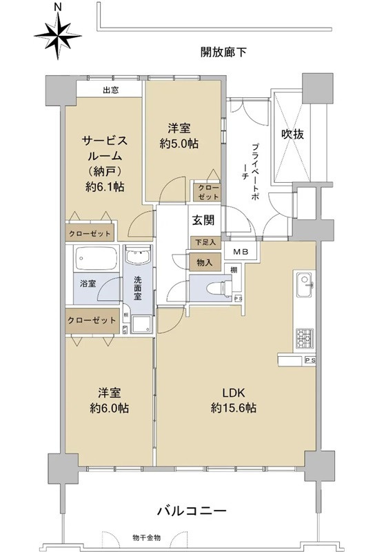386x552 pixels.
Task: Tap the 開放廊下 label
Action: click(x=224, y=52)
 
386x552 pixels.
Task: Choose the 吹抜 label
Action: click(x=292, y=135)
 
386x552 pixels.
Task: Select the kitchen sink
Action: click(x=305, y=283)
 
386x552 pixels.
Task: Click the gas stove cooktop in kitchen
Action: click(x=305, y=337)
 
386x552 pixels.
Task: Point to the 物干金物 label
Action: click(x=147, y=537)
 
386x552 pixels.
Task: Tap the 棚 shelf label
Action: click(x=235, y=269)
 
